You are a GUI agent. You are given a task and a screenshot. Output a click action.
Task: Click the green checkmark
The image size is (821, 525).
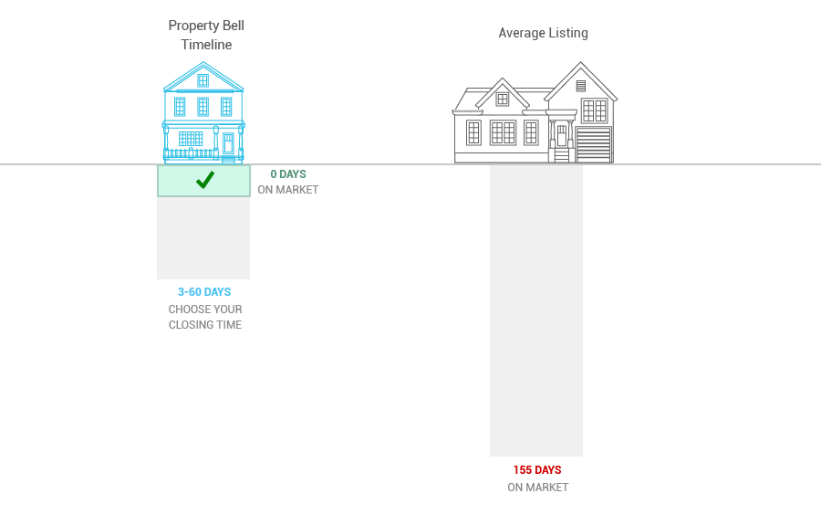(205, 180)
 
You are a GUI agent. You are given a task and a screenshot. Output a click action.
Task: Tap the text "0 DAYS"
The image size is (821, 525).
(288, 174)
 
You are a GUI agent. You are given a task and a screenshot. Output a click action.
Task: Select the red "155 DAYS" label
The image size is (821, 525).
(537, 470)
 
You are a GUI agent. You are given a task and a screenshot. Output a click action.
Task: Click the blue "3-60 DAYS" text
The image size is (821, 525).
(204, 292)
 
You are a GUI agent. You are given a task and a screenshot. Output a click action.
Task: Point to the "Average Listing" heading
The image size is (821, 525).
(543, 33)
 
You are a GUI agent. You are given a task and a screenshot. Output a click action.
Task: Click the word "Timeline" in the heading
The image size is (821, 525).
(206, 45)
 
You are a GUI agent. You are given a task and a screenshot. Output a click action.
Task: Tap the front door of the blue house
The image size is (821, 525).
(228, 143)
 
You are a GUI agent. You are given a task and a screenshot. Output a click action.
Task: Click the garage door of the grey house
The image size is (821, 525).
(594, 144)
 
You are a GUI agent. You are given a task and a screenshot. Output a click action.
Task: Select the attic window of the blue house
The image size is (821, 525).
(203, 80)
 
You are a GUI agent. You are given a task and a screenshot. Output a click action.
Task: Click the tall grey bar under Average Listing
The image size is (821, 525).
(536, 310)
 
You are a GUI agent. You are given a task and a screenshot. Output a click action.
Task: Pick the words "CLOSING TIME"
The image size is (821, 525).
(205, 325)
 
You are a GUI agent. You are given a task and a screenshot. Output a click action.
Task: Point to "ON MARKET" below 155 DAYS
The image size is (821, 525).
(537, 488)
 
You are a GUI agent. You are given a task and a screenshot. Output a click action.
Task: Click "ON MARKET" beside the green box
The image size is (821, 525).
(288, 190)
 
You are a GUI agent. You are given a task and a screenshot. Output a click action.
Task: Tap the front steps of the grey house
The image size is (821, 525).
(561, 155)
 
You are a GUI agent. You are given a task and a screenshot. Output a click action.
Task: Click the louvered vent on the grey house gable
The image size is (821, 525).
(581, 86)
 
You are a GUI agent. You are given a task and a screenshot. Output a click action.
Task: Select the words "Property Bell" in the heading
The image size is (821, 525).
(206, 26)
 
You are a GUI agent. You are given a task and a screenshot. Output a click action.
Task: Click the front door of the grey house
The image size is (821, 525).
(562, 136)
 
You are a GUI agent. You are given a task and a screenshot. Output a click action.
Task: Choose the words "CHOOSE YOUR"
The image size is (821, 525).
(205, 310)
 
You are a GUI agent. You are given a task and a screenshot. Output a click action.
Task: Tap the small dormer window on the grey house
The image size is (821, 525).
(503, 99)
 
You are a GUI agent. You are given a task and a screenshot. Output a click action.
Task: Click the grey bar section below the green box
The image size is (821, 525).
(203, 238)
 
